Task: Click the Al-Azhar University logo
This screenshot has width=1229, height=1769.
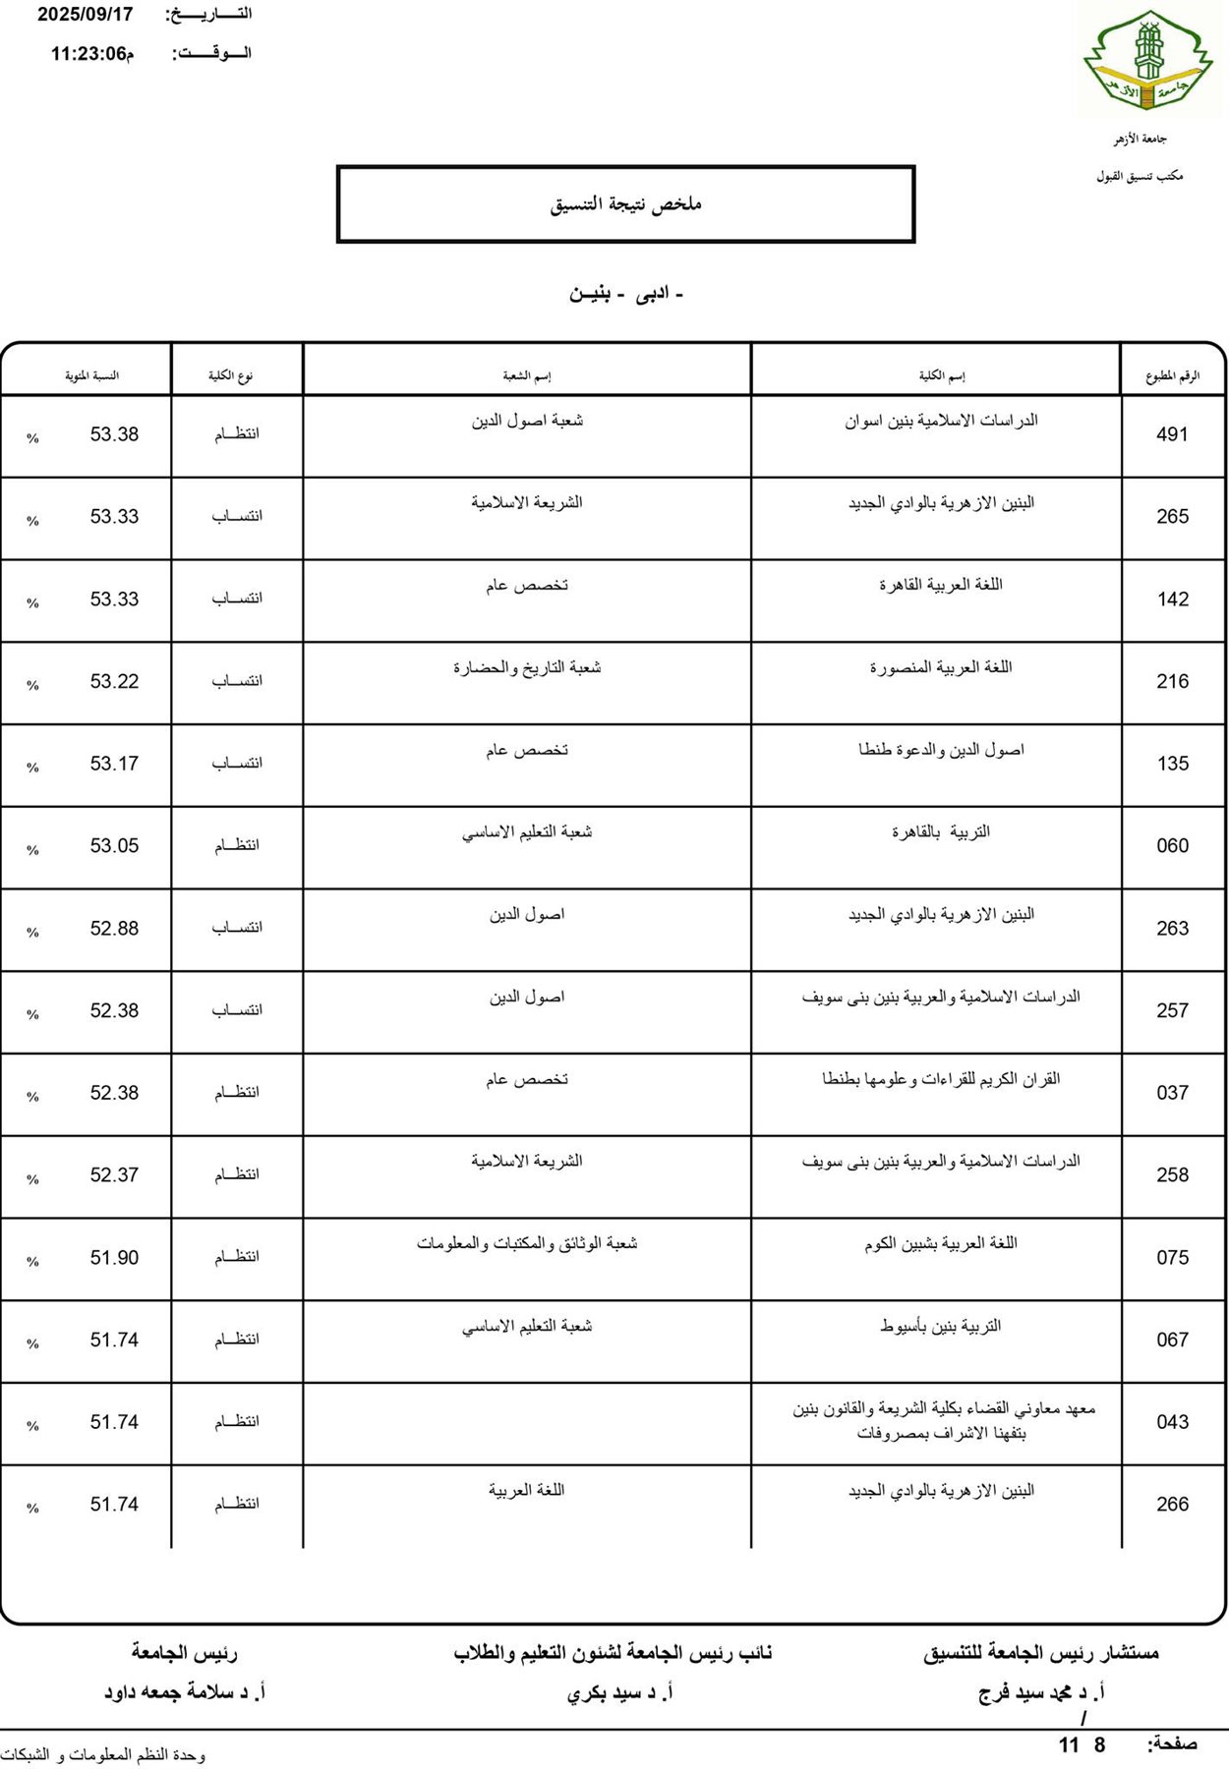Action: tap(1147, 61)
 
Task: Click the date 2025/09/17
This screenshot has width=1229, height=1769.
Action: tap(86, 15)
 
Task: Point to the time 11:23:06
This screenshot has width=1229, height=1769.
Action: tap(89, 54)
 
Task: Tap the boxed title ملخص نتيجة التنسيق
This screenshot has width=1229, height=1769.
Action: tap(625, 204)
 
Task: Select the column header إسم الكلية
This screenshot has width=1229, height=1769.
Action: tap(941, 375)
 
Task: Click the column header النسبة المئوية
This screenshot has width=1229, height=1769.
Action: tap(91, 375)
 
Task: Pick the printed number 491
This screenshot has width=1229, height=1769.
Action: tap(1172, 434)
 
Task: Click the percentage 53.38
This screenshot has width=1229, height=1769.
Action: tap(114, 434)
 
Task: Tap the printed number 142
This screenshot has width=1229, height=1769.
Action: tap(1172, 599)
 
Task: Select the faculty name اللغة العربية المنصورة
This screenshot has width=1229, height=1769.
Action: tap(940, 668)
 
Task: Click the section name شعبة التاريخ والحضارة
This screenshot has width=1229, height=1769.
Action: tap(527, 668)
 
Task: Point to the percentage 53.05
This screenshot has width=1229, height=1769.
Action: tap(114, 846)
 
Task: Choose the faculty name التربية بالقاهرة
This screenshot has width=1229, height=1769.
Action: tap(940, 832)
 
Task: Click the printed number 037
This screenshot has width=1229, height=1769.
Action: tap(1172, 1093)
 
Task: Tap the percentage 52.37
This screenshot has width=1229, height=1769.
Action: tap(114, 1175)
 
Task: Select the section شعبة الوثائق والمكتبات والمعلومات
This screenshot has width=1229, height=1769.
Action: tap(527, 1244)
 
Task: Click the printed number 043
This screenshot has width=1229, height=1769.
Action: tap(1172, 1422)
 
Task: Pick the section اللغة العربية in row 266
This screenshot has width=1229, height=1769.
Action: tap(527, 1491)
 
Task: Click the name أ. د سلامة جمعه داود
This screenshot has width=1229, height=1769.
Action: tap(185, 1692)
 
